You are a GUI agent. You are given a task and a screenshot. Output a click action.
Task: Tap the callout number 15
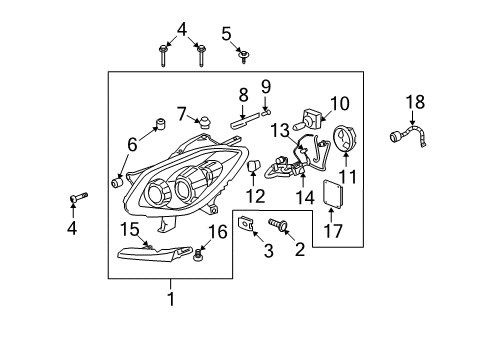tap(129, 229)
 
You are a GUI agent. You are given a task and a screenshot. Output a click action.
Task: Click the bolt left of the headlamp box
tap(74, 198)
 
